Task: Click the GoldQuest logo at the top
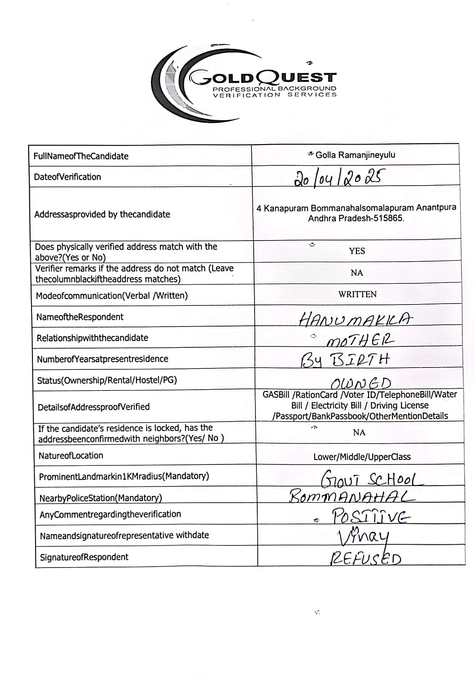pos(243,84)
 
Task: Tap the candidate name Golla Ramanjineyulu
pos(355,155)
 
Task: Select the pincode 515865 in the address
pos(389,218)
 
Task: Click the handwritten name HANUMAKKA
pos(355,319)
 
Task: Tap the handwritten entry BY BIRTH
pos(345,360)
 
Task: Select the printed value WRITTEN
pos(357,294)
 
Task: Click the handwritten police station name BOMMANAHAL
pos(351,496)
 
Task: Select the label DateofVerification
pos(68,177)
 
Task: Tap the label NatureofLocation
pos(71,455)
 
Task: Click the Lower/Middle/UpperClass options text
pos(362,457)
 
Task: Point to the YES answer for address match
pos(357,251)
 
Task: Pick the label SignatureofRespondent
pos(84,557)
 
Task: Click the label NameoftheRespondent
pos(80,317)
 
